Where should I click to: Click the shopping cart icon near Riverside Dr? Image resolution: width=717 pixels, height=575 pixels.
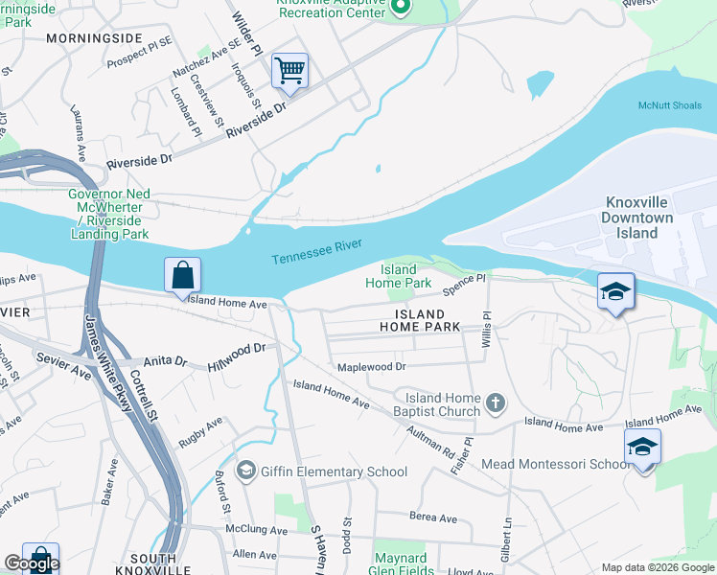pos(289,71)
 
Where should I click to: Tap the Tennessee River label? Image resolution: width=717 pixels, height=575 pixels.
pos(316,253)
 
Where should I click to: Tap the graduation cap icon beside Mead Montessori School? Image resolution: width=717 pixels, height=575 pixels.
pos(642,447)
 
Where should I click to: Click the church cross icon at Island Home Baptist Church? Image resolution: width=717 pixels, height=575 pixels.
pos(495,402)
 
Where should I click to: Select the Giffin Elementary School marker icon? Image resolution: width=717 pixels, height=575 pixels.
pos(246,471)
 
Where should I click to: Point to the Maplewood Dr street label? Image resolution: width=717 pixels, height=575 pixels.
pos(371,367)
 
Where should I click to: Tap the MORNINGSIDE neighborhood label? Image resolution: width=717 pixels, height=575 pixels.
pos(92,39)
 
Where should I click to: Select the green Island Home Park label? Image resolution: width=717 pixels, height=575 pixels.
pos(398,276)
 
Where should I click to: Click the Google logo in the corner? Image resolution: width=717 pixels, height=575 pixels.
pos(32,563)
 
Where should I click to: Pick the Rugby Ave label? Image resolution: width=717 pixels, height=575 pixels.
pos(199,432)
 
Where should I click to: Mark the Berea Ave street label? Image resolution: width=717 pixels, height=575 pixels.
pos(433,517)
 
